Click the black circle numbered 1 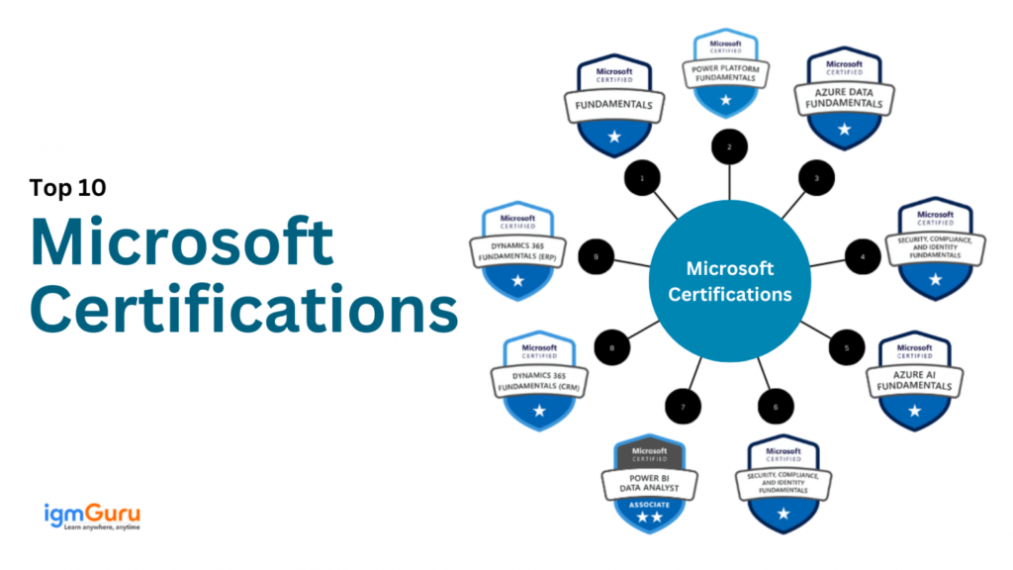coord(642,178)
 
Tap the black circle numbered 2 coord(730,147)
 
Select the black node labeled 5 coord(846,348)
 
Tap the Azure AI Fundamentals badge coord(914,381)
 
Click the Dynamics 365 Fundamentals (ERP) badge coord(517,251)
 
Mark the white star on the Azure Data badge coord(844,129)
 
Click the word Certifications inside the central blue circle coord(730,294)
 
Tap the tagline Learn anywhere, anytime coord(92,527)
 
